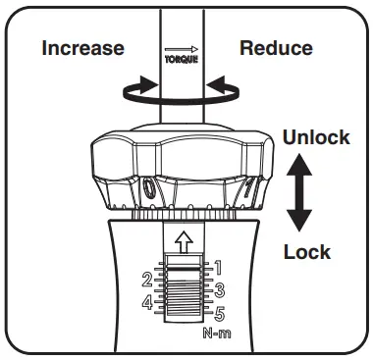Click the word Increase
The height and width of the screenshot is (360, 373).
point(82,48)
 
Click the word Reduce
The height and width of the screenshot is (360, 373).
point(276,48)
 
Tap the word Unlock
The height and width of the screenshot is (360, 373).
point(316,137)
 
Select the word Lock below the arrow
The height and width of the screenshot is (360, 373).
point(307,252)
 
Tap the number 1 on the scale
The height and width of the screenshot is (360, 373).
point(219,266)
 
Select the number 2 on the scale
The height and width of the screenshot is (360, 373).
point(145,279)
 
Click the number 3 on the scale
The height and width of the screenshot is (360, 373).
point(220,289)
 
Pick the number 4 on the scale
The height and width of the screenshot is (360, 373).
point(145,302)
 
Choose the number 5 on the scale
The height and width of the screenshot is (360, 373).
point(220,314)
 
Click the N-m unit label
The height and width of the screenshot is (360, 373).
point(217,334)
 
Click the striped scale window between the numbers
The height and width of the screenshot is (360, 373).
point(183,291)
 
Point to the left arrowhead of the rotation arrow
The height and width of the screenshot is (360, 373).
point(125,92)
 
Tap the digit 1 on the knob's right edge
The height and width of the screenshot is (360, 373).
point(256,185)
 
